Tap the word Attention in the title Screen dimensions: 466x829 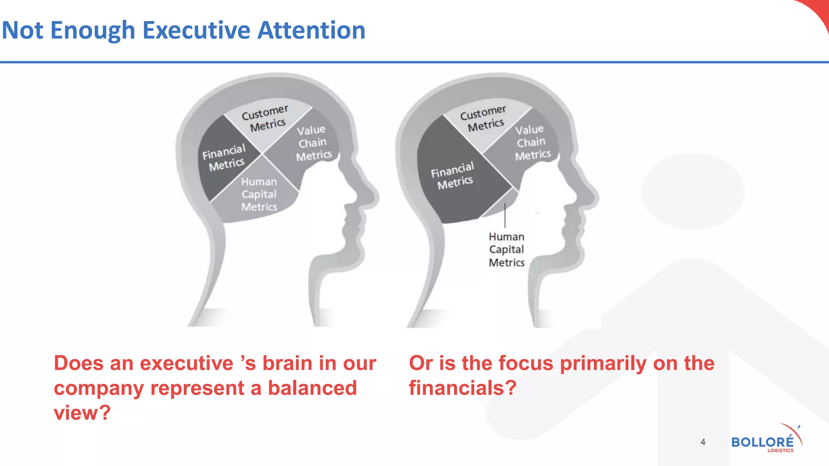(311, 31)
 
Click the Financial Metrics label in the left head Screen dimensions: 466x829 (225, 158)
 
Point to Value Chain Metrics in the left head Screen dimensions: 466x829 (313, 143)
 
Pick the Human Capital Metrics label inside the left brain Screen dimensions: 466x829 (259, 194)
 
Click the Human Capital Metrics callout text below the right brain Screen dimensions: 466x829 (506, 250)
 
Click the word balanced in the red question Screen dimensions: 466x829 (312, 388)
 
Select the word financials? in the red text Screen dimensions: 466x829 (463, 388)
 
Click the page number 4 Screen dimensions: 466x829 (703, 442)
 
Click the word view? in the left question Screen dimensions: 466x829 (82, 413)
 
